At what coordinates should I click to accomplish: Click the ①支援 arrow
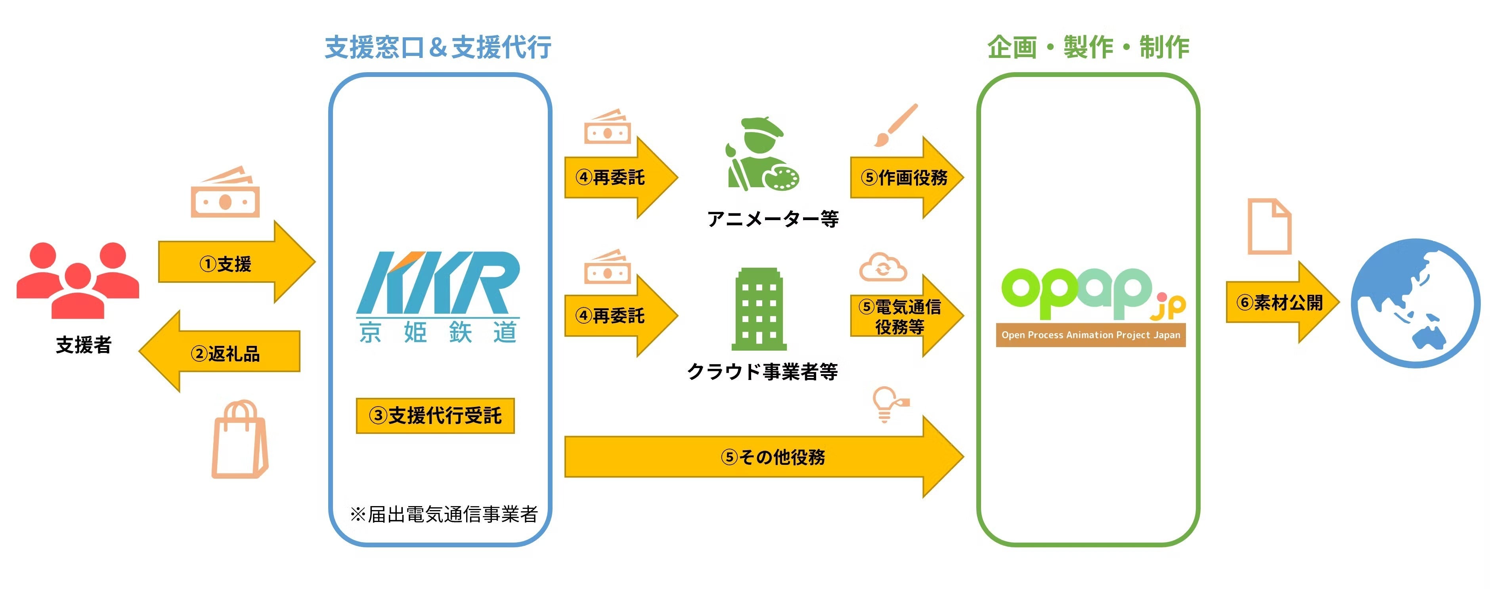[x=231, y=264]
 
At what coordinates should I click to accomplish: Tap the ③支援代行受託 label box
[x=435, y=415]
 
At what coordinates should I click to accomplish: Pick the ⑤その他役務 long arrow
[x=763, y=457]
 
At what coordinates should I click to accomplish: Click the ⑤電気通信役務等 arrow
[x=902, y=316]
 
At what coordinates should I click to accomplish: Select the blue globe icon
[x=1415, y=303]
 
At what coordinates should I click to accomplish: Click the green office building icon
[x=759, y=309]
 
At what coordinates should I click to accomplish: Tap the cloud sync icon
[x=883, y=267]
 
